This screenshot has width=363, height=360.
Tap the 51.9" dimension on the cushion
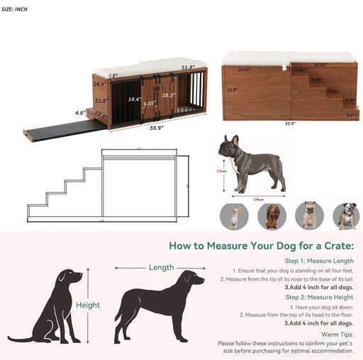(188, 68)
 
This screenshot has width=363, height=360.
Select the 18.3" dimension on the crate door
(168, 95)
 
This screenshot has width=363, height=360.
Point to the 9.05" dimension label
(150, 103)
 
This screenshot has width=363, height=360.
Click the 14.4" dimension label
(135, 99)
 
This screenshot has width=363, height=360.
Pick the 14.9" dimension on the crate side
(99, 84)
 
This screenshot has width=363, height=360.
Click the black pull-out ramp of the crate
(64, 128)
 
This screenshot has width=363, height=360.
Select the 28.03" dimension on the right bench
(245, 69)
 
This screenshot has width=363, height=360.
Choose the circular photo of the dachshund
(272, 216)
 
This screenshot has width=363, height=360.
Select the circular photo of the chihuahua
(233, 216)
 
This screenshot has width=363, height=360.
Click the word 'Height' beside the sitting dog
(88, 305)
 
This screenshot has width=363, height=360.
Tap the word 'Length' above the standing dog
(162, 267)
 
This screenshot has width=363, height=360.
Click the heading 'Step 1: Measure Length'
(320, 261)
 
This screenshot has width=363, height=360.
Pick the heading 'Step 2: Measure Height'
(320, 297)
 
